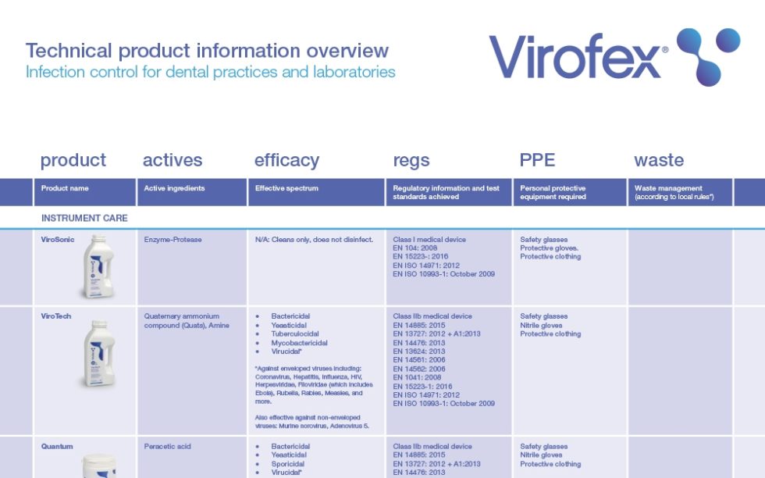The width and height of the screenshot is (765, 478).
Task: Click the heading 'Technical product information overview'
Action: pyautogui.click(x=207, y=51)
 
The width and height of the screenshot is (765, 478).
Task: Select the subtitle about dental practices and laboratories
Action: pyautogui.click(x=210, y=72)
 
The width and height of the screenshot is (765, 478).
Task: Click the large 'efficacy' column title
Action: pyautogui.click(x=286, y=160)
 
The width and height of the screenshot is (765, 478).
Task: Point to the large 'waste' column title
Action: pyautogui.click(x=659, y=160)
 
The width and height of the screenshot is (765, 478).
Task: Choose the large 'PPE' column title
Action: pyautogui.click(x=537, y=160)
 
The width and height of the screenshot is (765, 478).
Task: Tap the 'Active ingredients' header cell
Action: pyautogui.click(x=174, y=188)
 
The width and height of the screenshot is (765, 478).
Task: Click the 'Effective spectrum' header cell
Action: pyautogui.click(x=286, y=188)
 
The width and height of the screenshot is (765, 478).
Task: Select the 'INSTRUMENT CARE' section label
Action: pyautogui.click(x=84, y=218)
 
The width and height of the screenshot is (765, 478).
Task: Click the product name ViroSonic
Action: pyautogui.click(x=58, y=240)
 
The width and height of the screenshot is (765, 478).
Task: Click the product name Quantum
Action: pyautogui.click(x=57, y=447)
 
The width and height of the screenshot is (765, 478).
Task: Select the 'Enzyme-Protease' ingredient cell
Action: pyautogui.click(x=173, y=240)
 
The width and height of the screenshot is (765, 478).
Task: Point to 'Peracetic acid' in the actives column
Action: pyautogui.click(x=167, y=447)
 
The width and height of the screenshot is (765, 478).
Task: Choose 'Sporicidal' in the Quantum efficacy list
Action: pyautogui.click(x=288, y=464)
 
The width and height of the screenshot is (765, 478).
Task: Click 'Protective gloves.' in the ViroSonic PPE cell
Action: pyautogui.click(x=550, y=248)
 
